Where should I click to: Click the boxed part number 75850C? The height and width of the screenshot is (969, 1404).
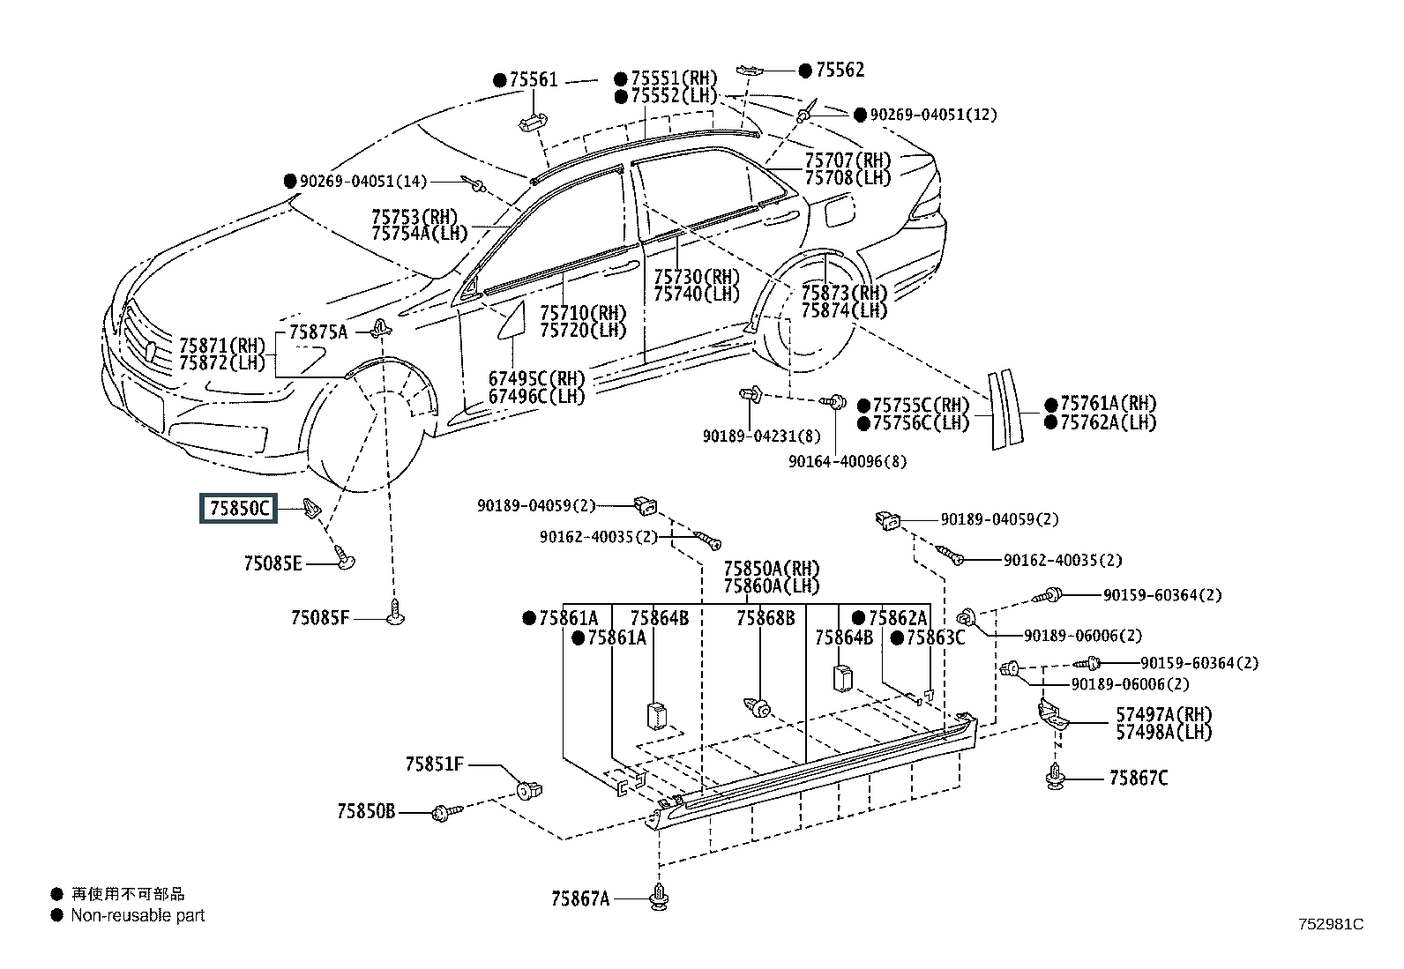click(x=239, y=508)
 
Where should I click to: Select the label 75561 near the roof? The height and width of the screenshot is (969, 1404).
click(x=534, y=79)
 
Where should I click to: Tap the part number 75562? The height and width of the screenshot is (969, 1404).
click(x=840, y=70)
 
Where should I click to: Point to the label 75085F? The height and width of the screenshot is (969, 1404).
click(x=319, y=618)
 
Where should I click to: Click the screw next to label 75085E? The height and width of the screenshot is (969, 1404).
click(x=344, y=557)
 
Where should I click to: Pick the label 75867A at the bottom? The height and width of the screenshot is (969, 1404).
click(x=580, y=898)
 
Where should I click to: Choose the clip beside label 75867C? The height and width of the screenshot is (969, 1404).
click(x=1056, y=776)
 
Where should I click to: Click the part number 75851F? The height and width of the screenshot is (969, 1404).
click(x=435, y=764)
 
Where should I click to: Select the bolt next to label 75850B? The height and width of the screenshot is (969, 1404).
click(x=447, y=813)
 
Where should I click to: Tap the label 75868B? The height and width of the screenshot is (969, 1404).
click(x=765, y=619)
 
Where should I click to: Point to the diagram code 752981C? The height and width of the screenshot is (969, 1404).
click(x=1331, y=925)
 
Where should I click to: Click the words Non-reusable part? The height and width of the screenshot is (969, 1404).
click(x=138, y=916)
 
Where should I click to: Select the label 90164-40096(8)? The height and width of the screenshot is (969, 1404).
click(x=848, y=461)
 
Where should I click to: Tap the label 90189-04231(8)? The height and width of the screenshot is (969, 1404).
click(x=762, y=436)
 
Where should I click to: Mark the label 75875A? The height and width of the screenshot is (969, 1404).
click(x=318, y=332)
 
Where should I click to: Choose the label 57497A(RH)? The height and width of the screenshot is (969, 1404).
click(x=1164, y=714)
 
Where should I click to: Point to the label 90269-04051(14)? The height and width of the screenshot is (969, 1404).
click(x=363, y=181)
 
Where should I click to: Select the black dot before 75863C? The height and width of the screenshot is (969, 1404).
click(x=897, y=638)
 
